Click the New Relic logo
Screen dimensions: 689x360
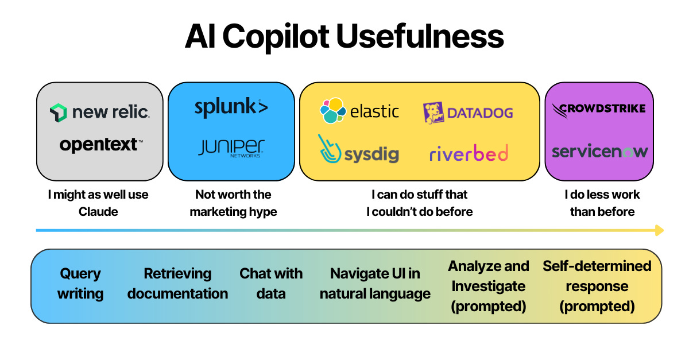(x=99, y=112)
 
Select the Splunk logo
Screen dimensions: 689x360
(x=231, y=108)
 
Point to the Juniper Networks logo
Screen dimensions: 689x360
(x=231, y=148)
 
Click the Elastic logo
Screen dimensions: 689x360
(x=359, y=111)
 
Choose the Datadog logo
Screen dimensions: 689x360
(x=467, y=113)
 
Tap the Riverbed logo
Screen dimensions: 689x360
(x=469, y=153)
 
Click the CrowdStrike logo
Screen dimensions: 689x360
(x=599, y=109)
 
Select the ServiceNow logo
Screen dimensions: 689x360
(x=599, y=152)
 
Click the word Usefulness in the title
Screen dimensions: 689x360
(x=420, y=37)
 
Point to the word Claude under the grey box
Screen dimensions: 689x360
(x=98, y=212)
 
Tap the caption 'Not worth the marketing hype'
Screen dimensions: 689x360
(x=233, y=203)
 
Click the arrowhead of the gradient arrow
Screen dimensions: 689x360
(x=659, y=230)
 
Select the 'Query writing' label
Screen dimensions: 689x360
(x=80, y=284)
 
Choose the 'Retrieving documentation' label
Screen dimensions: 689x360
(x=177, y=284)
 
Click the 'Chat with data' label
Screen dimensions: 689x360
(x=271, y=284)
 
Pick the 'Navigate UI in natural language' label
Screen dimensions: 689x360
(x=375, y=284)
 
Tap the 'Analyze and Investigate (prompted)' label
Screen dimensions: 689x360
(x=489, y=286)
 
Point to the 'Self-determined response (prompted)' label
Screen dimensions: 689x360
(x=597, y=286)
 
